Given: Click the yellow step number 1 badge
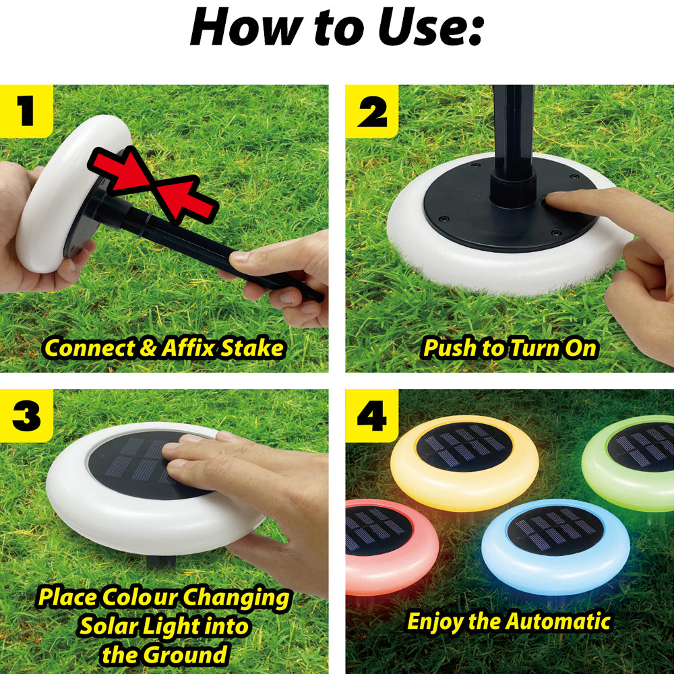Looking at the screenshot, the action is pos(26,111).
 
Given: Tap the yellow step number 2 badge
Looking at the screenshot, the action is pos(372,111).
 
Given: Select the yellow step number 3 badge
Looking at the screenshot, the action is pos(26,416).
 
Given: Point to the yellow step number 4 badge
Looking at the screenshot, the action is pos(372,416).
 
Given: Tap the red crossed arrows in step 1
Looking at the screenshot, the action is pos(152,185).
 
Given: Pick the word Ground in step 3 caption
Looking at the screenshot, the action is pos(185,654).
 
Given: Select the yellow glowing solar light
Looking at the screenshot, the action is pos(464,462).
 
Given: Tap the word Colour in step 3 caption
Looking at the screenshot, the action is pos(140,597).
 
